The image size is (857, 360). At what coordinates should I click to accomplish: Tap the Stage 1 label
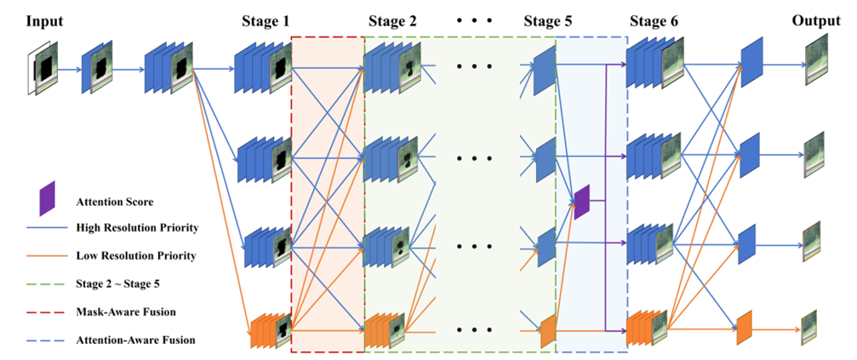click(x=263, y=21)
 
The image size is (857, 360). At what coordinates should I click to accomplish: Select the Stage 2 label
click(x=392, y=21)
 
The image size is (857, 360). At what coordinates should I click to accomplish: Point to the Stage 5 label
click(x=547, y=21)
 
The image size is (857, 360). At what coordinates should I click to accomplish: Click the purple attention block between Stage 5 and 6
click(x=581, y=201)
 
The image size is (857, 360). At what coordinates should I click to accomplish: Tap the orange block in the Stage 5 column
click(x=547, y=330)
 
